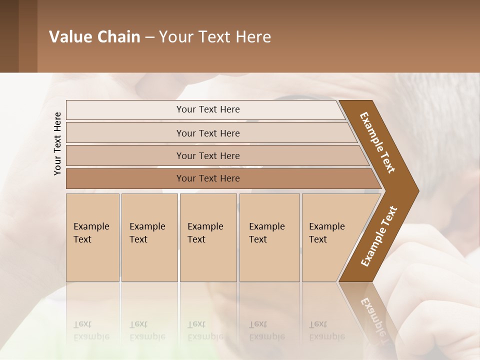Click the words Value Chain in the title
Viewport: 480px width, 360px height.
pyautogui.click(x=94, y=37)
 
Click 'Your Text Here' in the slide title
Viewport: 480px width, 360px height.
pyautogui.click(x=215, y=37)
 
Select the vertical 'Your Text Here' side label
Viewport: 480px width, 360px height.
pyautogui.click(x=57, y=143)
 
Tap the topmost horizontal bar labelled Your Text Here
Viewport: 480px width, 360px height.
pyautogui.click(x=207, y=109)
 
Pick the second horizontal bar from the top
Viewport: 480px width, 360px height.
pyautogui.click(x=207, y=133)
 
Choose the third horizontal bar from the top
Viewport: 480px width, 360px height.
pyautogui.click(x=207, y=155)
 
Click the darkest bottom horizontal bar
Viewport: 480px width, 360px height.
pyautogui.click(x=207, y=178)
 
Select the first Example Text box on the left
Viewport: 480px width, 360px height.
pyautogui.click(x=92, y=237)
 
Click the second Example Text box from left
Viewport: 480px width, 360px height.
pyautogui.click(x=149, y=237)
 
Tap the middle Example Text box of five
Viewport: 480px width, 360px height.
pyautogui.click(x=208, y=237)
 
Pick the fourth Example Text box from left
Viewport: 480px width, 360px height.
pyautogui.click(x=269, y=237)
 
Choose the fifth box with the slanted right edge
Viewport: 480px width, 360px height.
pyautogui.click(x=327, y=237)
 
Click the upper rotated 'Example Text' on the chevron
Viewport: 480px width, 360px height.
pyautogui.click(x=377, y=142)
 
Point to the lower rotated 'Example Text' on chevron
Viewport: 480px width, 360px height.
pyautogui.click(x=379, y=236)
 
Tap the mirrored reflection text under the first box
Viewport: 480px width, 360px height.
pyautogui.click(x=91, y=330)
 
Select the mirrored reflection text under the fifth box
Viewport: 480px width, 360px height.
pyautogui.click(x=327, y=330)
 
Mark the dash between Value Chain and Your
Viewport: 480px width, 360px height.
pyautogui.click(x=149, y=37)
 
